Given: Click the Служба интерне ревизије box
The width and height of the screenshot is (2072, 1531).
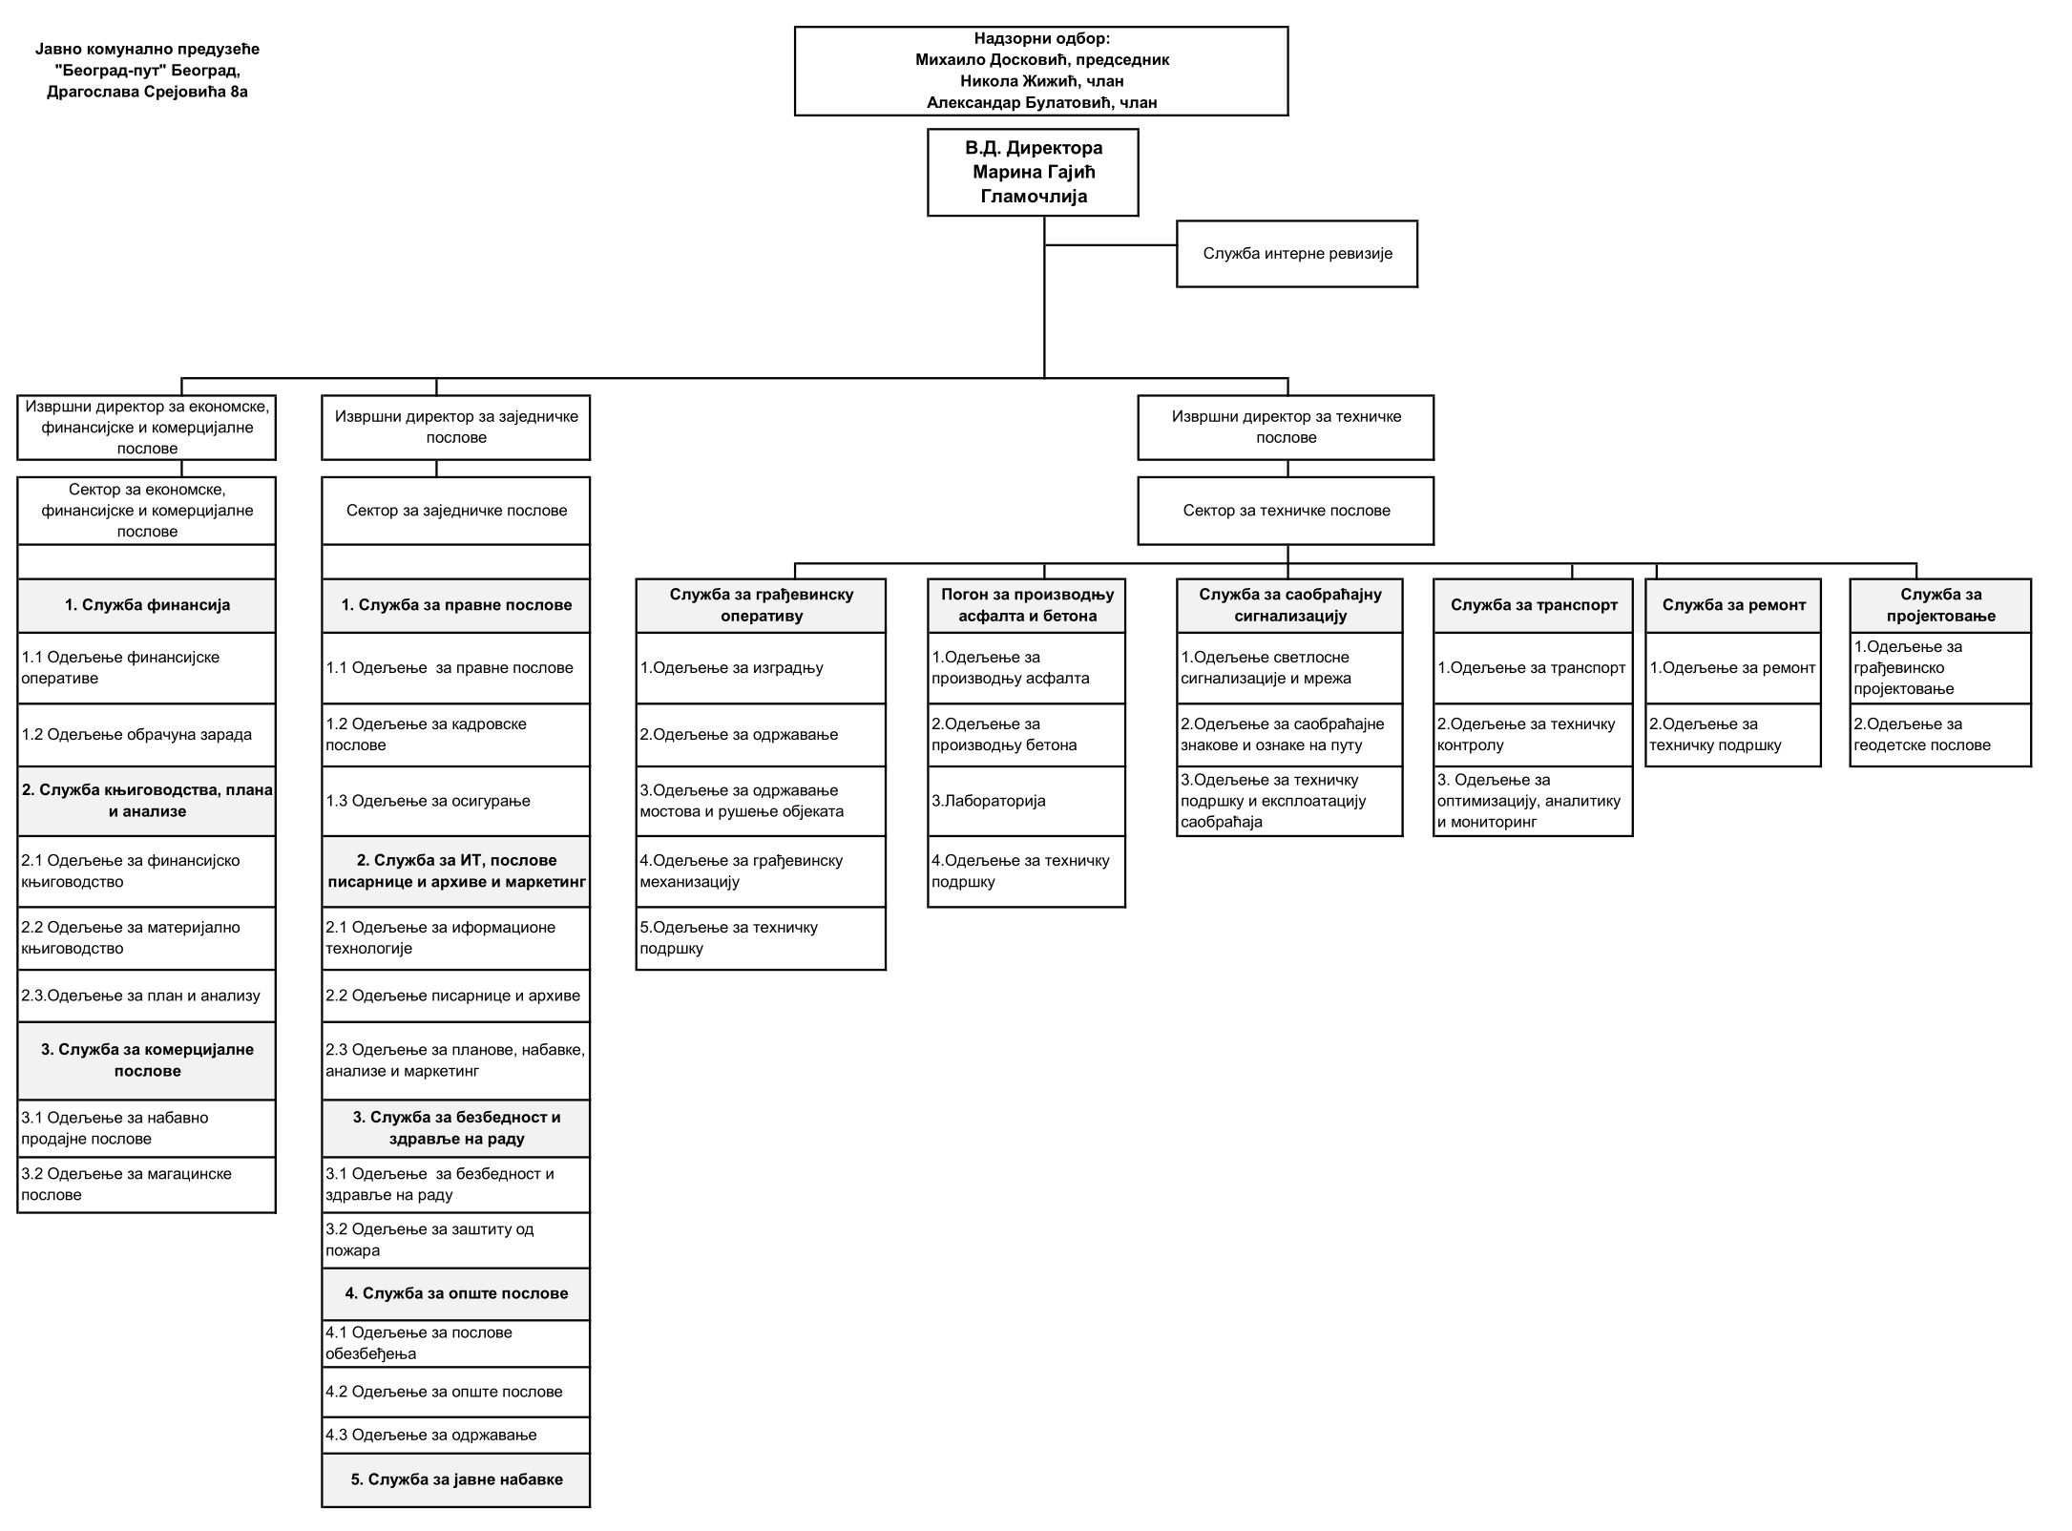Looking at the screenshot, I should pos(1296,254).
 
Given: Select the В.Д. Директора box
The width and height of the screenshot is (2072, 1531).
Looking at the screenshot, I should pos(1033,173).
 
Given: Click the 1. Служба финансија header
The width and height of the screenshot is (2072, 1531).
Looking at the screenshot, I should pos(147,605).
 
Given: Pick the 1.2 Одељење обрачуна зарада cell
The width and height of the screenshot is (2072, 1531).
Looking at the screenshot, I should pos(147,735).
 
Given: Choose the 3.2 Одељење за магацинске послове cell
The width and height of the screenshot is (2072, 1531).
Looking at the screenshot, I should pos(147,1185).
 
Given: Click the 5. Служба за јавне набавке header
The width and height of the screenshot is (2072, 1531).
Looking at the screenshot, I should pos(456,1479).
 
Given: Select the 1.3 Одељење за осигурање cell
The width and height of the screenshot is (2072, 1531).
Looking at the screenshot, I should pos(456,801).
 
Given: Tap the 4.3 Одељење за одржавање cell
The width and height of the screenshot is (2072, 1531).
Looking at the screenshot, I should pos(456,1435).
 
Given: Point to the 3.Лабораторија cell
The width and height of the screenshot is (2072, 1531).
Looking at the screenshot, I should pos(1026,801).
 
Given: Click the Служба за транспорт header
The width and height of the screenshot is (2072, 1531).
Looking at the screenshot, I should pos(1533,605).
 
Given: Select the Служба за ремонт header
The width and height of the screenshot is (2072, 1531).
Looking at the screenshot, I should pos(1733,605).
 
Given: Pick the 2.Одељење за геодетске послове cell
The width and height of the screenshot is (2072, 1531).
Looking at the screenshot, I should pos(1940,735).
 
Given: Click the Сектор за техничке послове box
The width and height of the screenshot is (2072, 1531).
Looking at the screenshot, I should pos(1286,511).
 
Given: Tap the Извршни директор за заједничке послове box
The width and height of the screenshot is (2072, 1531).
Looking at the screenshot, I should pos(456,427).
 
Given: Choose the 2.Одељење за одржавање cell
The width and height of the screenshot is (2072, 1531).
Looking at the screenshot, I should pos(761,735).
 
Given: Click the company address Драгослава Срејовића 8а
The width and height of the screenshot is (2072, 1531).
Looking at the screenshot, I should pos(147,92).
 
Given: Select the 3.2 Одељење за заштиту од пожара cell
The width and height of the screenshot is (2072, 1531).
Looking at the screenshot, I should pos(456,1240).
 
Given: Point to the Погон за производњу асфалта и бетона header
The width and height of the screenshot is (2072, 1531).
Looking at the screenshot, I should pos(1026,605).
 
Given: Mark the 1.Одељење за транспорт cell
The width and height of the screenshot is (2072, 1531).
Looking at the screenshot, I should pos(1533,668).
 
